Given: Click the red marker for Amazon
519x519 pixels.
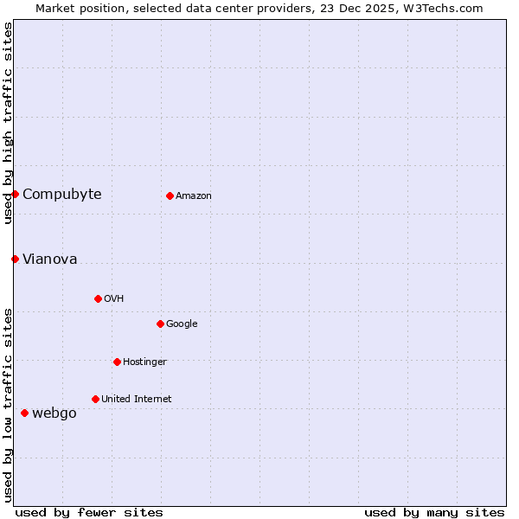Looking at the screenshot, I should pyautogui.click(x=170, y=195).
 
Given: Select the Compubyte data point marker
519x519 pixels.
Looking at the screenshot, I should pyautogui.click(x=16, y=194).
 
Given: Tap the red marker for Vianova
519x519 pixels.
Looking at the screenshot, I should pyautogui.click(x=15, y=259).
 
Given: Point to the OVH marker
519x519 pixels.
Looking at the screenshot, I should pyautogui.click(x=98, y=298).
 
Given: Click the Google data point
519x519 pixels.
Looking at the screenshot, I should pyautogui.click(x=160, y=324).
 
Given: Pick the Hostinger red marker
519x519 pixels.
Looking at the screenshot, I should pyautogui.click(x=117, y=362).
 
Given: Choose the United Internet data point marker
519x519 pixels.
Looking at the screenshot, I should pyautogui.click(x=95, y=399).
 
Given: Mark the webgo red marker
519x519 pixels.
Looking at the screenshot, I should pyautogui.click(x=24, y=413).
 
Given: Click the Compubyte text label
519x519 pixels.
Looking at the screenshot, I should pyautogui.click(x=62, y=194).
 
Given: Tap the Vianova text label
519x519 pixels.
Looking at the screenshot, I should pyautogui.click(x=50, y=259).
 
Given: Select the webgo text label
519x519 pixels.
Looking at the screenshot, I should pyautogui.click(x=54, y=413).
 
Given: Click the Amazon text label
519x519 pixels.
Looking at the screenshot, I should pyautogui.click(x=194, y=195).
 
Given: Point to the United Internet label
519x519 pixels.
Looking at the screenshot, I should pyautogui.click(x=137, y=399).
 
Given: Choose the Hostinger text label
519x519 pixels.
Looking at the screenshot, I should pyautogui.click(x=144, y=362).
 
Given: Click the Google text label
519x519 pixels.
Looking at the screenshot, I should pyautogui.click(x=182, y=324).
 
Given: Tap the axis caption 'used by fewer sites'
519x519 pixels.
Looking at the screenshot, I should pyautogui.click(x=89, y=512).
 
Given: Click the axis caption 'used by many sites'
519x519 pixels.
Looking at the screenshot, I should pyautogui.click(x=434, y=512).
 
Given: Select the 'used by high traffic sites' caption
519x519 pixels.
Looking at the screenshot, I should pyautogui.click(x=8, y=123).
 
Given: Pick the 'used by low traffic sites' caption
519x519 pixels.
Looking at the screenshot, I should pyautogui.click(x=8, y=405).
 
